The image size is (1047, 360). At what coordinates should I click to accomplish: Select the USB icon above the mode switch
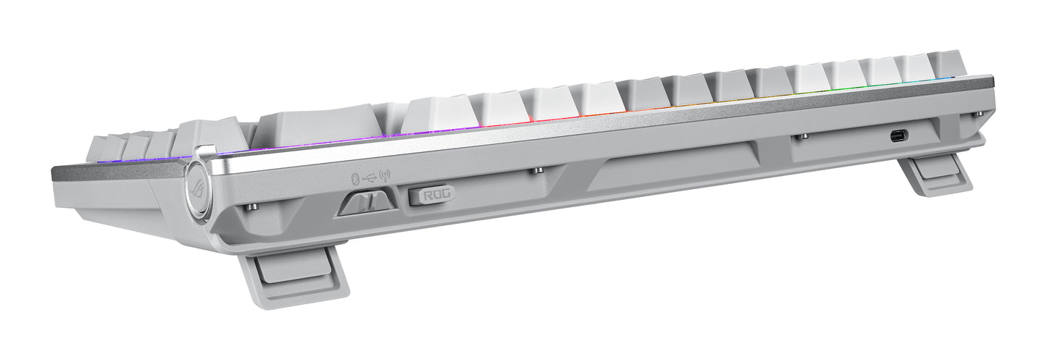coord(369,176)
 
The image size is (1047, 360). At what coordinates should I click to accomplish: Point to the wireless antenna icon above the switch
coord(384,175)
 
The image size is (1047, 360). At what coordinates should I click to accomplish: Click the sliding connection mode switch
coord(366,201)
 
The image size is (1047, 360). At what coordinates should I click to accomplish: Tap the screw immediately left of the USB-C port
coord(802,136)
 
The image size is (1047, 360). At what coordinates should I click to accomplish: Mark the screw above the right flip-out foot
coord(978,114)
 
